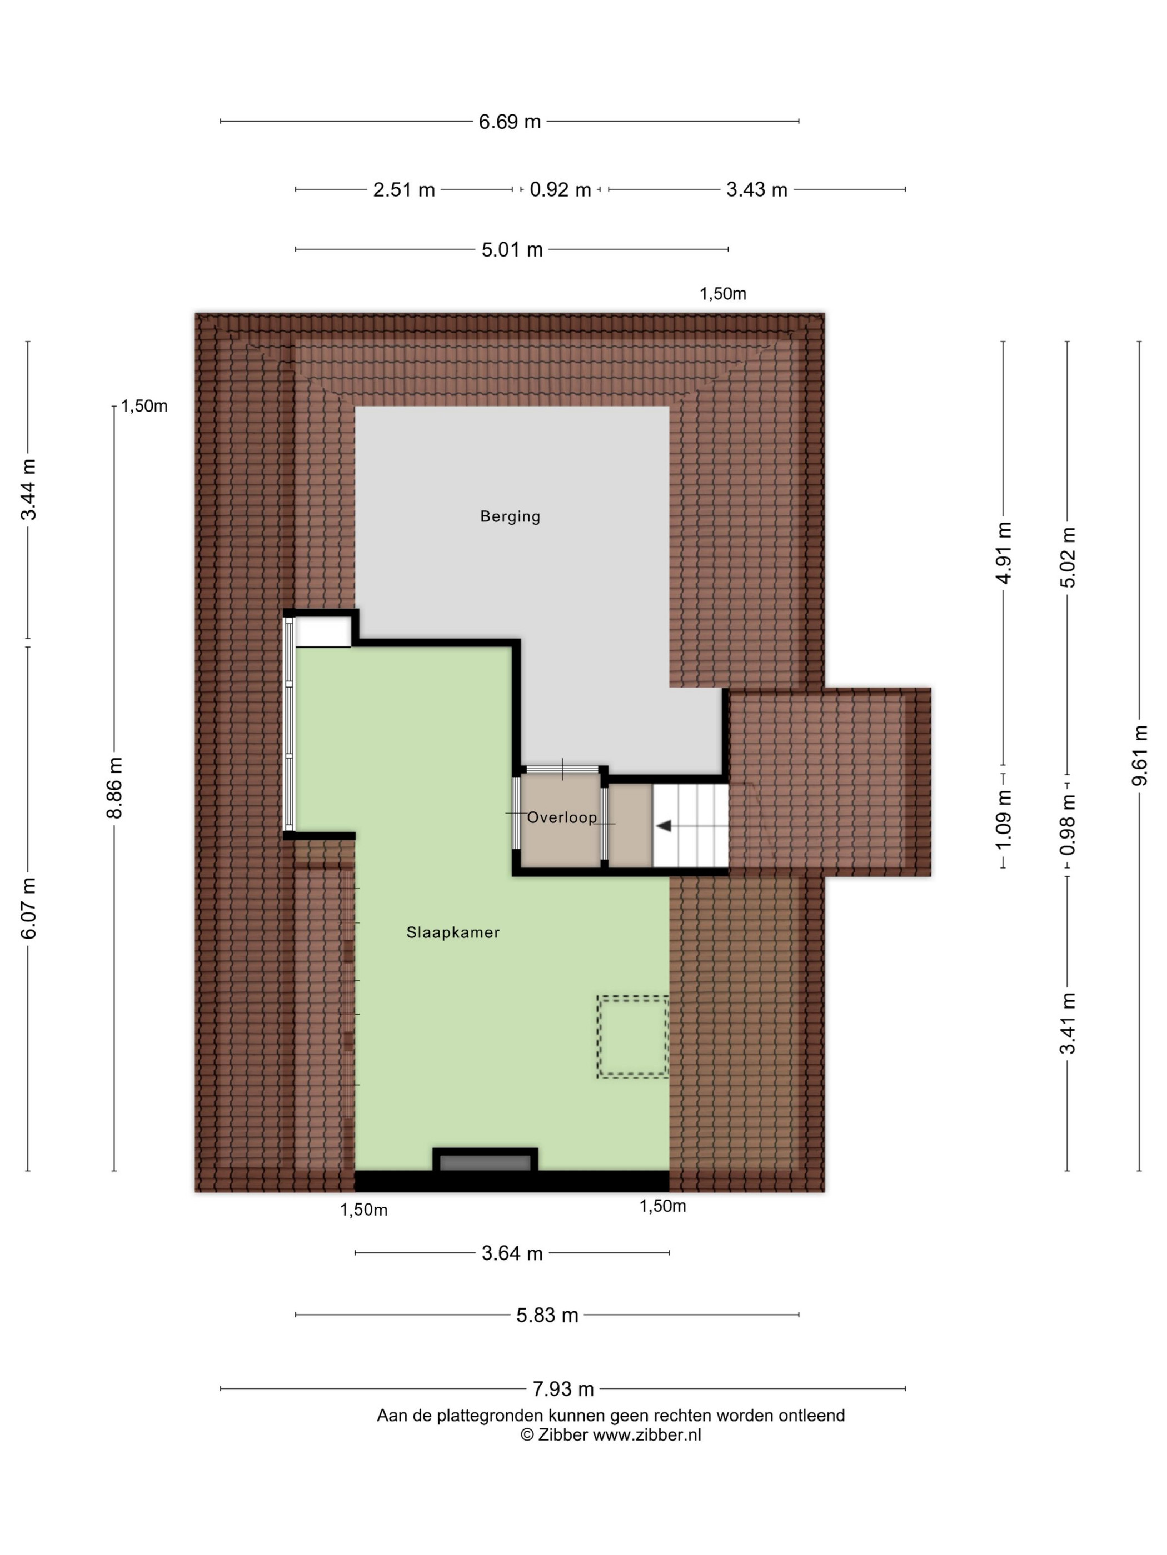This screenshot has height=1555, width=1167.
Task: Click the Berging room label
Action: tap(510, 516)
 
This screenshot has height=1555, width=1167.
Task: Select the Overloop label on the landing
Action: tap(561, 817)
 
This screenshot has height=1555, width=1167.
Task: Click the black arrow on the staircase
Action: tap(664, 826)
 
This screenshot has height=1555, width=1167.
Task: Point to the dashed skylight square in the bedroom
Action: tap(632, 1037)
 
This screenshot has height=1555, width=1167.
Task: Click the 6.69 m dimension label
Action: tap(510, 122)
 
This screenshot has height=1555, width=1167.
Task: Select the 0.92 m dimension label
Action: tap(560, 190)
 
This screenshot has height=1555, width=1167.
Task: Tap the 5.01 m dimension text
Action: tap(512, 249)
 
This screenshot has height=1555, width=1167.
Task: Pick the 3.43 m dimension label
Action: tap(757, 190)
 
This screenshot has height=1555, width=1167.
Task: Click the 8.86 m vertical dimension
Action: tap(114, 788)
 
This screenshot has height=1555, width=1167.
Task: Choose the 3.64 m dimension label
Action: tap(512, 1253)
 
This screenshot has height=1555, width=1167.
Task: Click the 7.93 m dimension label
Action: tap(563, 1389)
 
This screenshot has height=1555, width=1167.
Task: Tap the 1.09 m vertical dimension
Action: tap(1004, 819)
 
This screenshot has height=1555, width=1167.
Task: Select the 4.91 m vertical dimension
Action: tap(1004, 553)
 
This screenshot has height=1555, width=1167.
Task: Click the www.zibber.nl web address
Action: tap(646, 1436)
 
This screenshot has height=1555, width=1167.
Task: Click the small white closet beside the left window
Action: tap(323, 631)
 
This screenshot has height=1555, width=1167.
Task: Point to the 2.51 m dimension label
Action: tap(404, 190)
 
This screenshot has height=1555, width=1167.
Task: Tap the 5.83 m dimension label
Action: tap(547, 1315)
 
